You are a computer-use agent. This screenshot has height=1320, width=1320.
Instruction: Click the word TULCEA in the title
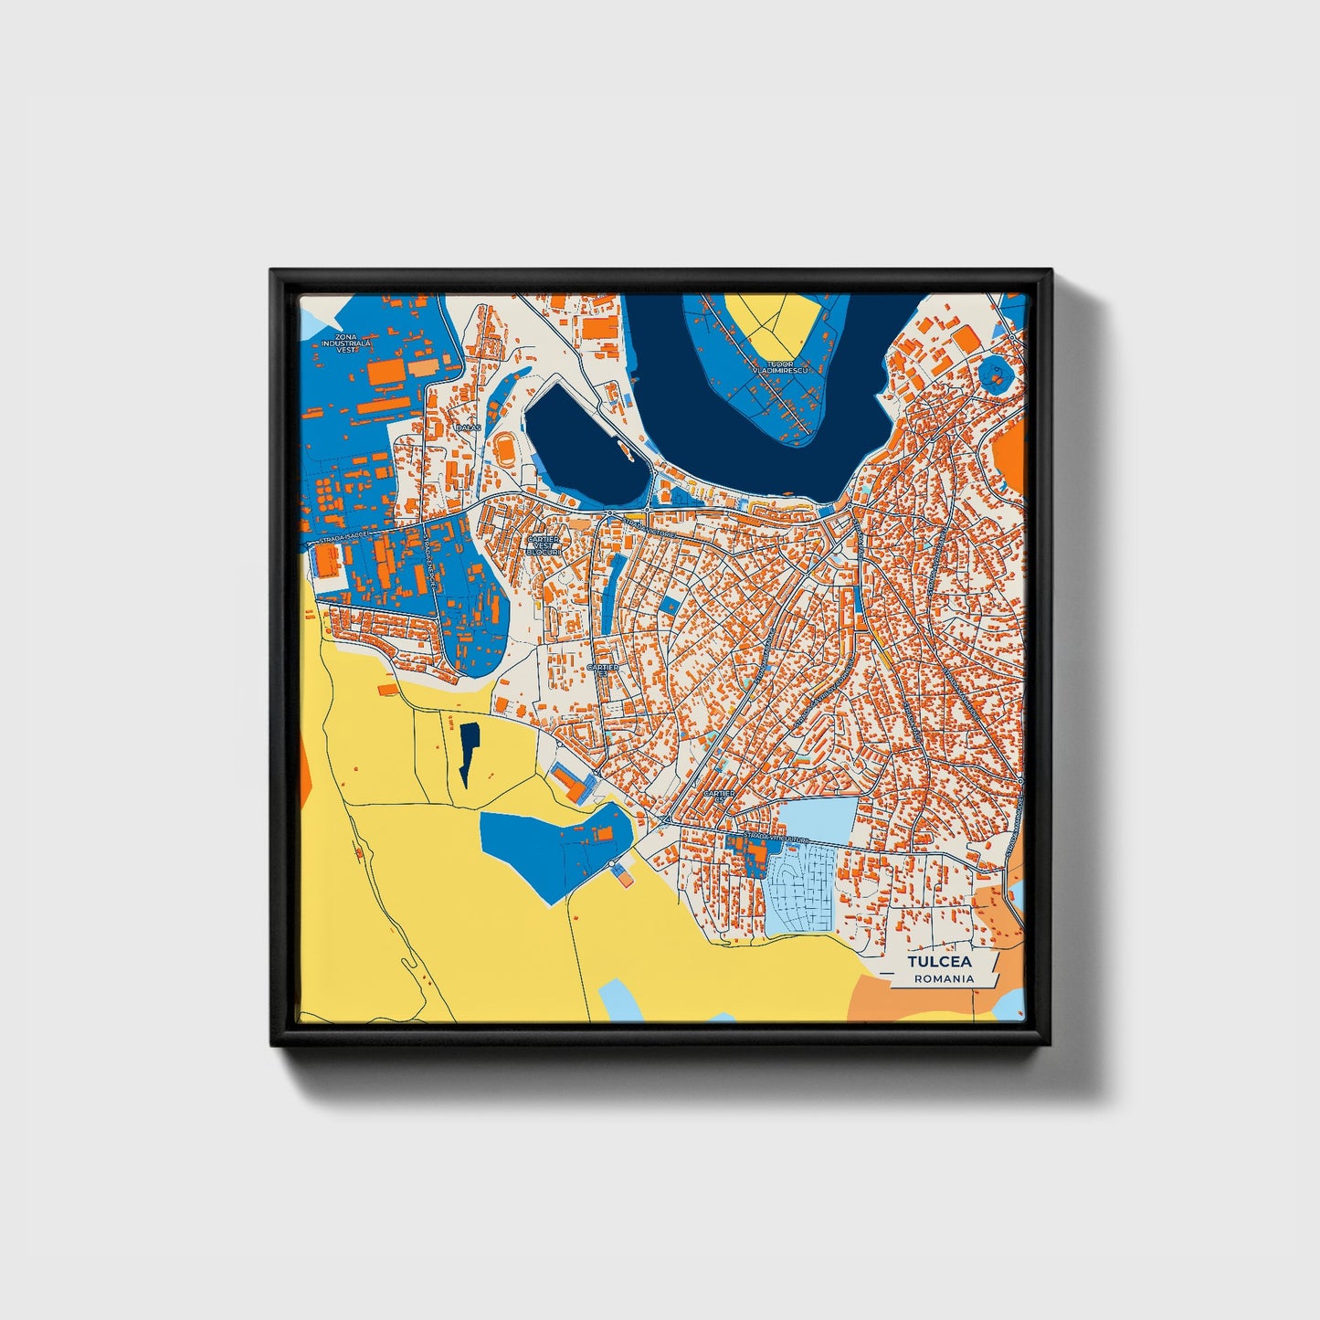tap(940, 962)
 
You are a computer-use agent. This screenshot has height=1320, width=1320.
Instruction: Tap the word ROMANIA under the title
tap(944, 978)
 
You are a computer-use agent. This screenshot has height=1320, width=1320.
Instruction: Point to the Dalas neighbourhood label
tap(467, 427)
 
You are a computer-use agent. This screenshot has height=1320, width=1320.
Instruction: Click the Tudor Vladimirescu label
tap(783, 367)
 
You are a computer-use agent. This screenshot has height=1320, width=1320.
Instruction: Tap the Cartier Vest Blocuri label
tap(543, 544)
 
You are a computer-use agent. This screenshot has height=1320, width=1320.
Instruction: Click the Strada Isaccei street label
tap(343, 538)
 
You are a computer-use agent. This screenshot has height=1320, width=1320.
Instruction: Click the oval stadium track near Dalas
tap(504, 450)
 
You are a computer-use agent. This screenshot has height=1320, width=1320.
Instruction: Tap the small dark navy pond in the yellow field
tap(469, 751)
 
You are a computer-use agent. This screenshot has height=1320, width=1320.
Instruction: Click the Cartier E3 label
tap(602, 670)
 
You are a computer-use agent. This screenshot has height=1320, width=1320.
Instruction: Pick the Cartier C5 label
tap(719, 796)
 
